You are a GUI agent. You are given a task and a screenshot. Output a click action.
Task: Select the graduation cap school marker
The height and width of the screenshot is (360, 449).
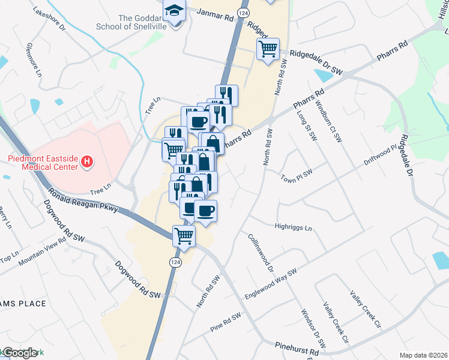coord(175,12)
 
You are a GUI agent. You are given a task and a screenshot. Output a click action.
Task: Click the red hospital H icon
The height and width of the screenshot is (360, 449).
coord(88,161)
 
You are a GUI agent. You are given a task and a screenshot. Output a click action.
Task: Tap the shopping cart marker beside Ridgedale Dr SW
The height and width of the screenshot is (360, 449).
coord(268,49)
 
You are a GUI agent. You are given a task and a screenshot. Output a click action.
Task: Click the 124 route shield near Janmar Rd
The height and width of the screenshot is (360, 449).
coord(243,13)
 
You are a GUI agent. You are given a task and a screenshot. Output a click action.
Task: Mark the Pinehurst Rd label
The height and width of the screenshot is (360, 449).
coord(297,350)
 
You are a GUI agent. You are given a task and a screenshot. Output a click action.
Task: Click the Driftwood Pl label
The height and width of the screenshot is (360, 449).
coord(381,155)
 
